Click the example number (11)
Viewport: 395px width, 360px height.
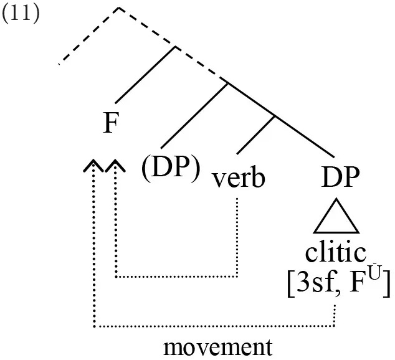tap(21, 13)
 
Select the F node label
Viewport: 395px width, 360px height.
tap(111, 123)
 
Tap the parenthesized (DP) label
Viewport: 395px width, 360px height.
tap(171, 168)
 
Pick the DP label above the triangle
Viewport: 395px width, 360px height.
tap(340, 177)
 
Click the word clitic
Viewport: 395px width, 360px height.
tap(336, 253)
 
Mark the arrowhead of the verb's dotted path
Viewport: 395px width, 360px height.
tap(115, 165)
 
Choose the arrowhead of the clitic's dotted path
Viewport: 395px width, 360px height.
tap(93, 165)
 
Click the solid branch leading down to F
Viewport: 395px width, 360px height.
tap(145, 75)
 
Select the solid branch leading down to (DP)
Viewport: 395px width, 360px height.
tap(194, 116)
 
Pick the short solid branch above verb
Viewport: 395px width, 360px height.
tap(255, 135)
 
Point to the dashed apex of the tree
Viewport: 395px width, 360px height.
tap(118, 8)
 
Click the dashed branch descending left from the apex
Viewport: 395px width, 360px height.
tap(88, 36)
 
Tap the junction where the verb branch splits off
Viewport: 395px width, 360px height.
tap(274, 116)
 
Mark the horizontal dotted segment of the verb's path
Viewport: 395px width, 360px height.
tap(176, 277)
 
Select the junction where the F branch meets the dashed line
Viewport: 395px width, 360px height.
tap(176, 46)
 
